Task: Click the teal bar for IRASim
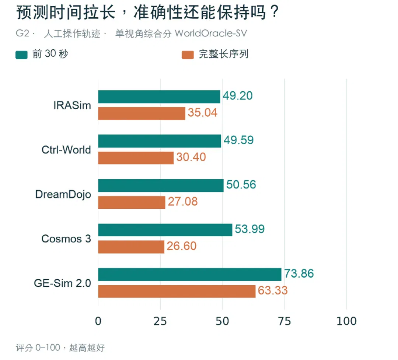pos(159,96)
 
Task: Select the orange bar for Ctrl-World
pos(136,158)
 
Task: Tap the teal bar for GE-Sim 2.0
pos(190,274)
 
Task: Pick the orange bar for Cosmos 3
pos(131,247)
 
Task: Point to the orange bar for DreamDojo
pos(132,202)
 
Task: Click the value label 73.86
pos(299,273)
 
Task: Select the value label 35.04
pos(203,113)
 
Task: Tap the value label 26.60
pos(181,246)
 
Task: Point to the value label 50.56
pos(241,184)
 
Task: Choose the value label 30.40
pos(191,157)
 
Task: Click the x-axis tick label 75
pos(284,321)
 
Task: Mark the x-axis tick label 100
pos(346,321)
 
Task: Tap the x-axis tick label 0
pos(98,321)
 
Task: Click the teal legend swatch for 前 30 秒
pos(22,55)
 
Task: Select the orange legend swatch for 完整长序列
pos(188,55)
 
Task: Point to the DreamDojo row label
pos(63,194)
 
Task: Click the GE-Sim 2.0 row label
pos(62,283)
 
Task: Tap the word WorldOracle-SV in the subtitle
pos(211,33)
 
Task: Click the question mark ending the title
pos(275,12)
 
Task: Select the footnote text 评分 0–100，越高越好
pos(60,347)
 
